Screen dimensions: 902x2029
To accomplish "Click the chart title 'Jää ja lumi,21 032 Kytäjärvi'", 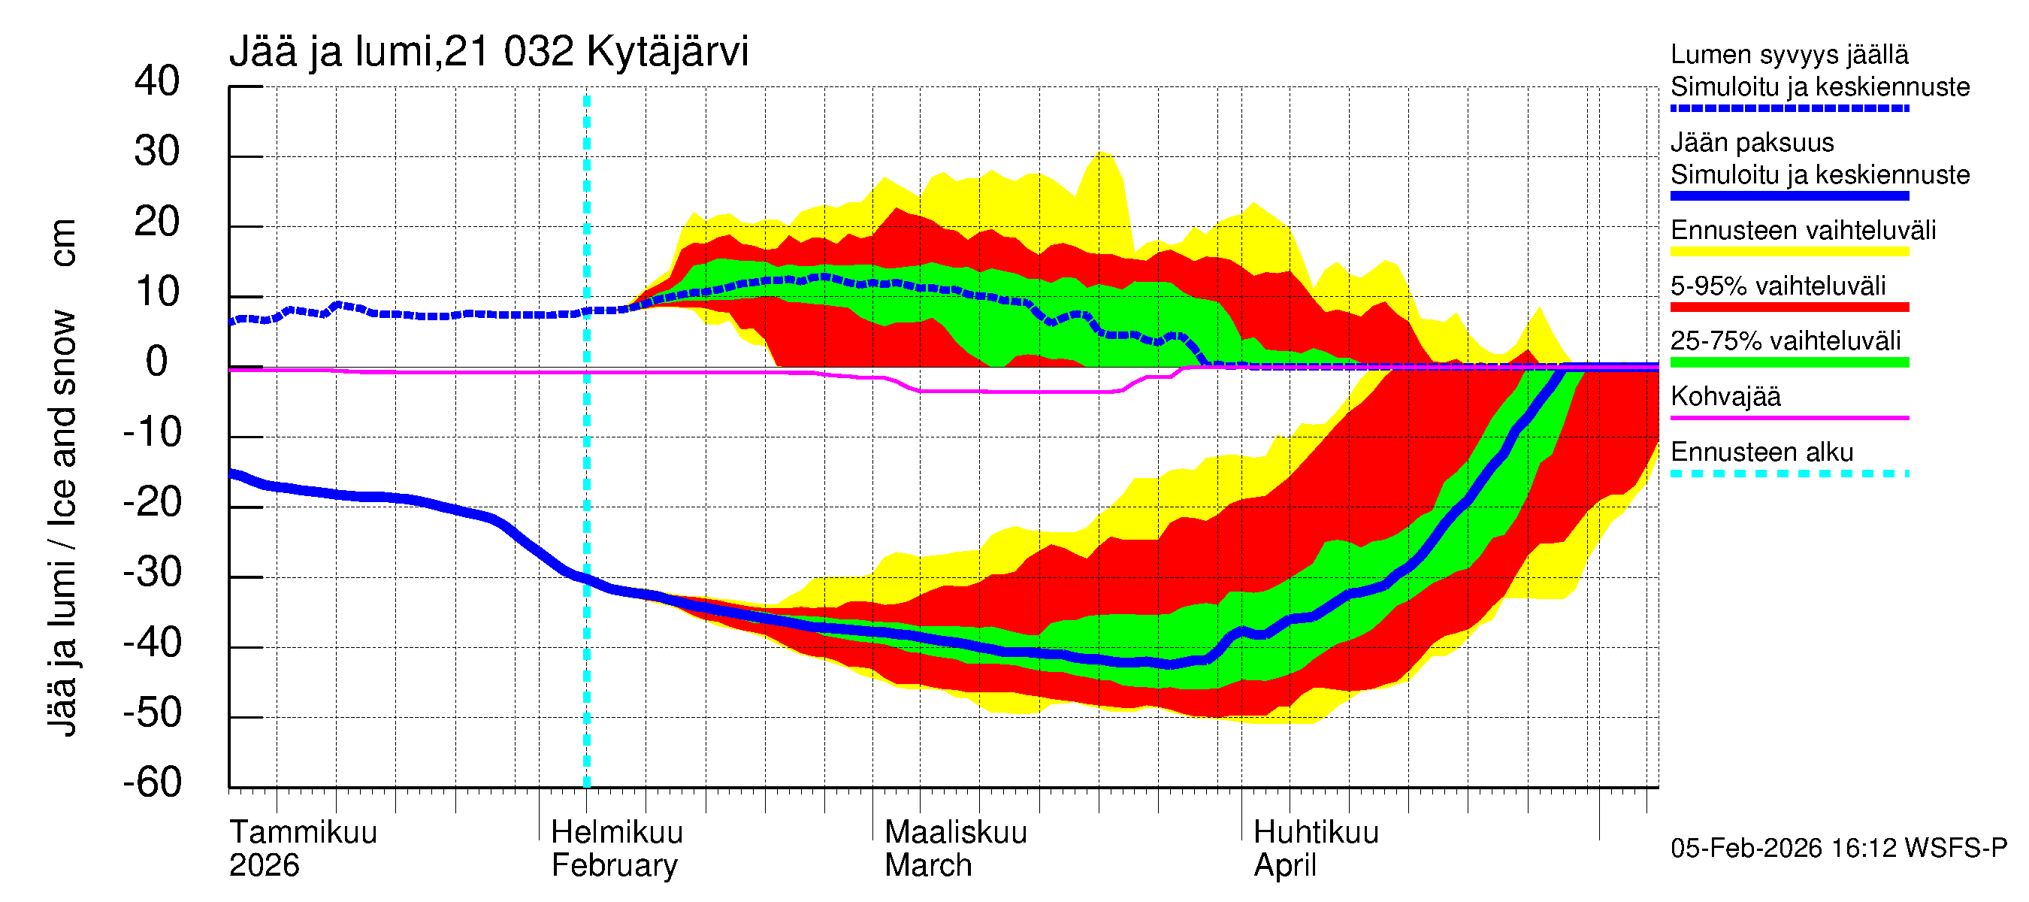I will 488,52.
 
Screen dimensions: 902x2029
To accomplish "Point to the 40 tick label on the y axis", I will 157,81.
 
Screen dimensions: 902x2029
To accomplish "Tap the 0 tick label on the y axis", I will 157,362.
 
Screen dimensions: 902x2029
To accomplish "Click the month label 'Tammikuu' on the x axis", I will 304,832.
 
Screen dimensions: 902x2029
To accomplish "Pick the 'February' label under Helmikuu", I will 615,866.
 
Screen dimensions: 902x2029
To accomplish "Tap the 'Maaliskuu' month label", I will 955,832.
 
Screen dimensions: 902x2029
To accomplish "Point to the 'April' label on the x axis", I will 1285,866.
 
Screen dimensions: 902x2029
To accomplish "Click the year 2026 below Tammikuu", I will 264,866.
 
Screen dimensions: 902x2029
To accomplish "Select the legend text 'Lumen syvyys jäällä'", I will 1789,55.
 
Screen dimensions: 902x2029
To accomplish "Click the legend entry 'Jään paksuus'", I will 1752,143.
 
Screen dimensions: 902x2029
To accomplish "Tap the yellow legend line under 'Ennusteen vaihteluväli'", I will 1789,252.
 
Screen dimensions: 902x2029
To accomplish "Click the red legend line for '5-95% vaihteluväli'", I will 1789,307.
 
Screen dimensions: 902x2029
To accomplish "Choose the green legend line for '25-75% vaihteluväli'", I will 1789,362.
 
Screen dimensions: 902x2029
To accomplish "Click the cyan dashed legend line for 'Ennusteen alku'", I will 1789,474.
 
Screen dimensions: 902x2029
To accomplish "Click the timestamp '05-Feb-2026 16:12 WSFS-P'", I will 1838,849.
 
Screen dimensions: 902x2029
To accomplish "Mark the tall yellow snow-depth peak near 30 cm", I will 1102,158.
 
